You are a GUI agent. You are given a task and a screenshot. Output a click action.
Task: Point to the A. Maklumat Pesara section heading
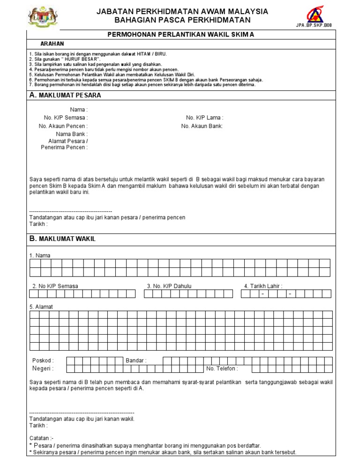[x=65, y=95]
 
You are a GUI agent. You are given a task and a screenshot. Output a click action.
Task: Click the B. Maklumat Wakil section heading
[x=62, y=239]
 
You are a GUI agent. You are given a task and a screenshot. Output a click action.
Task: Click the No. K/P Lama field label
[x=204, y=118]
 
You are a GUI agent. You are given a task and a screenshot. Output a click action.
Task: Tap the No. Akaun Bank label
[x=202, y=126]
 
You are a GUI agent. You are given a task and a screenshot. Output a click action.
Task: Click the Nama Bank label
[x=71, y=134]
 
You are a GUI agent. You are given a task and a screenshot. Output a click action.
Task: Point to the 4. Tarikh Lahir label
[x=263, y=286]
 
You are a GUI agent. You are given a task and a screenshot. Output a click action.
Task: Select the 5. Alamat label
[x=41, y=307]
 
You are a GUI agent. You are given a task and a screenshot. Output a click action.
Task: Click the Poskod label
[x=43, y=361]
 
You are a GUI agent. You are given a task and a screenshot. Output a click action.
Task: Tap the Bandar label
[x=136, y=361]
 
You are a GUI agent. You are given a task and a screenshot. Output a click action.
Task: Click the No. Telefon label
[x=222, y=368]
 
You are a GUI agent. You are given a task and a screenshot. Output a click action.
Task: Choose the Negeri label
[x=43, y=368]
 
